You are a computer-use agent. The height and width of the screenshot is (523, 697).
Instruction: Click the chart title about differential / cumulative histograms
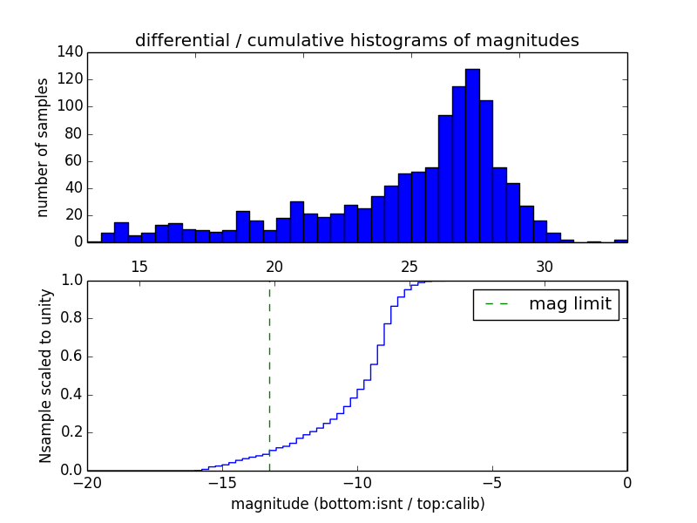(357, 40)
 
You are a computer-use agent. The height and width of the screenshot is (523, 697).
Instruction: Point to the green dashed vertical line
(269, 375)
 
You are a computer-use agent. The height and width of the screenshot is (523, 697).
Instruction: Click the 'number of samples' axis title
(43, 147)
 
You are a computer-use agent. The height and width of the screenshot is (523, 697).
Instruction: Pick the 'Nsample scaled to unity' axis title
(45, 376)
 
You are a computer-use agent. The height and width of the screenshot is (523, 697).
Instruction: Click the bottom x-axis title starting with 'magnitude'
(357, 504)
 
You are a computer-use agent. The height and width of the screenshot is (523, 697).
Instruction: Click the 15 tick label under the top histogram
(139, 266)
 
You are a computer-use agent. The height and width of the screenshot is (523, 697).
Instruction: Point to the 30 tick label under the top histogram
(545, 266)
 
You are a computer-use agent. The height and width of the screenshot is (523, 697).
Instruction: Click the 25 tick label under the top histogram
(409, 266)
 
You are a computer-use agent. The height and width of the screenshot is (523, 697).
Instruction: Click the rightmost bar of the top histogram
(620, 241)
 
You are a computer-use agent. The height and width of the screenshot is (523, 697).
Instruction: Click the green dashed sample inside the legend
(497, 304)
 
